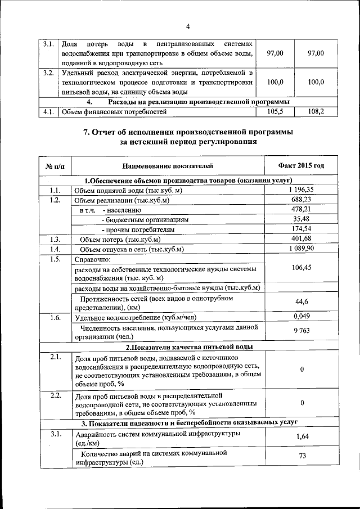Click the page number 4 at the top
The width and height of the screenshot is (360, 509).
(x=188, y=26)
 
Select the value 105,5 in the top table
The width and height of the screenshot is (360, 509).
(x=275, y=112)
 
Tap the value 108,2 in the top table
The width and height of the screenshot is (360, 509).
(x=316, y=112)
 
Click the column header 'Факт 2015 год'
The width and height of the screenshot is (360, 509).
(x=301, y=166)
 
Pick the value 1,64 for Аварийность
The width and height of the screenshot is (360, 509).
(x=302, y=436)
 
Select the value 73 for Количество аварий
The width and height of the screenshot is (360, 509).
(x=302, y=456)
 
